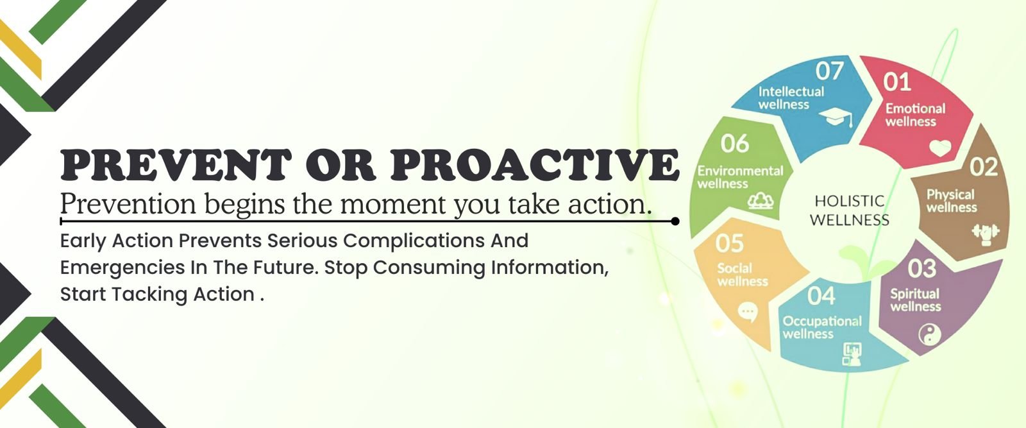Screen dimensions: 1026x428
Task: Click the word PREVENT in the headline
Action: click(176, 165)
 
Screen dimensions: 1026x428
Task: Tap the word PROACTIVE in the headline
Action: click(535, 165)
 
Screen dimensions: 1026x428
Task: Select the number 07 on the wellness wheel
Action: click(830, 71)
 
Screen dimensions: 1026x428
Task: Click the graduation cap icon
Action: click(836, 117)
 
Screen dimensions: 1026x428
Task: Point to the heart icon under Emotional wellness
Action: click(940, 148)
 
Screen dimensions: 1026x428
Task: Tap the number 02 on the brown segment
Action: click(984, 167)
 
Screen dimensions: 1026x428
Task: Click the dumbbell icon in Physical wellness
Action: click(986, 233)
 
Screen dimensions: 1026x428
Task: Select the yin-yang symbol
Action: click(930, 334)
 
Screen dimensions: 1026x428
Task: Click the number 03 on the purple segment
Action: click(922, 268)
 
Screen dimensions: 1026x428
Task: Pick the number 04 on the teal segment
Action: click(821, 296)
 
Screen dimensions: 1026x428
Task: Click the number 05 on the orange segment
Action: click(730, 244)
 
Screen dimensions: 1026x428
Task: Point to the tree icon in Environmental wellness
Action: click(761, 201)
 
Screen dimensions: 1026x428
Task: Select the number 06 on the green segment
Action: click(735, 144)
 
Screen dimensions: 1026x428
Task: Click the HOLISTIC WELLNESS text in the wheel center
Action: click(850, 210)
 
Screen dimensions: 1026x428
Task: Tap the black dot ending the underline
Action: click(675, 221)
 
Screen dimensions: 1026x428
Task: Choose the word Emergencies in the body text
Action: click(122, 268)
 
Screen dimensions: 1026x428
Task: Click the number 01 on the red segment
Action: click(897, 83)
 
